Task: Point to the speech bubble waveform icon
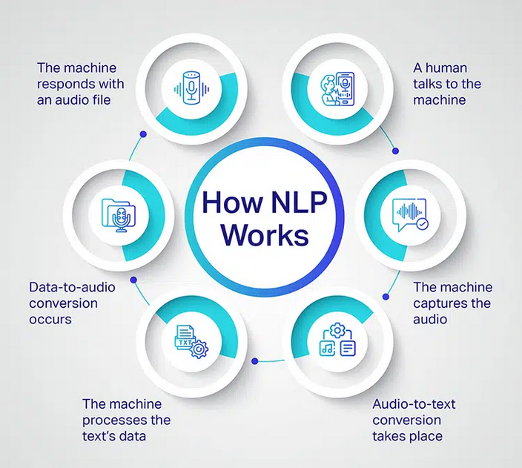tap(411, 215)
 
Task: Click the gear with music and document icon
tap(337, 340)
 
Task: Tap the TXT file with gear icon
tap(191, 342)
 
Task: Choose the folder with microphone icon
tap(119, 216)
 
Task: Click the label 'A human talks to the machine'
tap(447, 84)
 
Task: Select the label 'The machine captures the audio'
tap(453, 303)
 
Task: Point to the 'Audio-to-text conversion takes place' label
tap(414, 420)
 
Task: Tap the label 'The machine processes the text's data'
tap(127, 420)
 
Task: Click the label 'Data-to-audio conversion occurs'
tap(72, 303)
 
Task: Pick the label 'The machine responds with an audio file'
tap(80, 84)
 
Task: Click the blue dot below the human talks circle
tap(395, 151)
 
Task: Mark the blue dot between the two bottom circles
tap(255, 361)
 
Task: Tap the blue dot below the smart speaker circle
tap(144, 134)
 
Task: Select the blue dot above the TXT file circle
tap(133, 280)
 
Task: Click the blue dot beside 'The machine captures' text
tap(386, 297)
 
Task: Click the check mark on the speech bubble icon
tap(423, 224)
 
